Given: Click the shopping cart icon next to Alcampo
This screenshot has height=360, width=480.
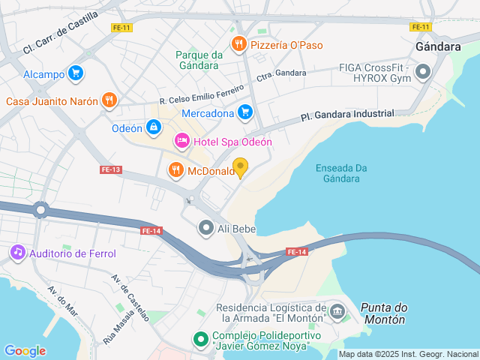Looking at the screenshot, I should [74, 73].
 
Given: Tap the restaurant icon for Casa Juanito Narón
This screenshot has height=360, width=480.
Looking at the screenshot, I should [109, 100].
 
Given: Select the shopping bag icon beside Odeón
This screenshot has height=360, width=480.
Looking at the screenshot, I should [153, 127].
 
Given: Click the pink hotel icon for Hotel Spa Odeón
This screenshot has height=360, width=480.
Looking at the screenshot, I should [181, 141].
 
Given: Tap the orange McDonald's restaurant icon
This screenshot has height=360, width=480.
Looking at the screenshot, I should [176, 170].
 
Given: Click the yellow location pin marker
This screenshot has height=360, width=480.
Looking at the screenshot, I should [240, 167].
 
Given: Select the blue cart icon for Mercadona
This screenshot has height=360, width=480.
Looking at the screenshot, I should [244, 113].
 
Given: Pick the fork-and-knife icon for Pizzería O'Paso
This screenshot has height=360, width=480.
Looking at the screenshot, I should [238, 44].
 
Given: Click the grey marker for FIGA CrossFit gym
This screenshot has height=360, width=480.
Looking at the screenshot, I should [423, 73].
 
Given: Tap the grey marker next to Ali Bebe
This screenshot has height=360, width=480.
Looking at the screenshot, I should [205, 227].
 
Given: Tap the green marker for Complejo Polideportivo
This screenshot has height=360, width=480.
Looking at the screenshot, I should [200, 340].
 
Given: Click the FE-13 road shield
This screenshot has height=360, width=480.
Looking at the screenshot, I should [110, 169].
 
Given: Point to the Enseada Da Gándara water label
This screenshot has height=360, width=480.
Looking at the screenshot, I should [337, 173].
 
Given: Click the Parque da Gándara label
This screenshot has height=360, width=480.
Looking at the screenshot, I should [199, 60].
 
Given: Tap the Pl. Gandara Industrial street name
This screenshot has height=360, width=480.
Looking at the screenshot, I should [346, 115].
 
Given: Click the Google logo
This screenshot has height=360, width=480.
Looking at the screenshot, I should [25, 350].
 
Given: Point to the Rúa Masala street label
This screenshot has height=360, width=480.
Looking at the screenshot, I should [113, 328].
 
